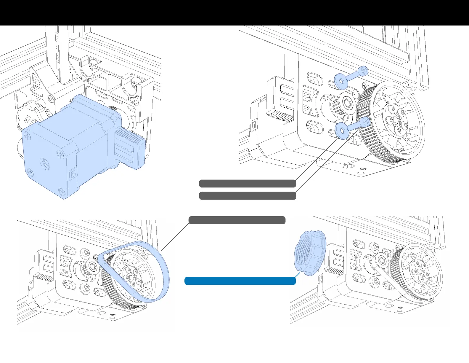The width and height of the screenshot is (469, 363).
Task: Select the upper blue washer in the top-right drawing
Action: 340,81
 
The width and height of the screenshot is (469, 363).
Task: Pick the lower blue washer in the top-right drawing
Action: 341,131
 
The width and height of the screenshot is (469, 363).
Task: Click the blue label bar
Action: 240,281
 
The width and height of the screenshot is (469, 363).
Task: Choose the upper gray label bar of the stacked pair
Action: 247,184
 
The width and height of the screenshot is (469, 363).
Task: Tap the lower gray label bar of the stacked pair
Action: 247,196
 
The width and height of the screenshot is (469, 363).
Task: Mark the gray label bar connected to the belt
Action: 237,220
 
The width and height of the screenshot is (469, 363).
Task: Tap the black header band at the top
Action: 234,12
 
